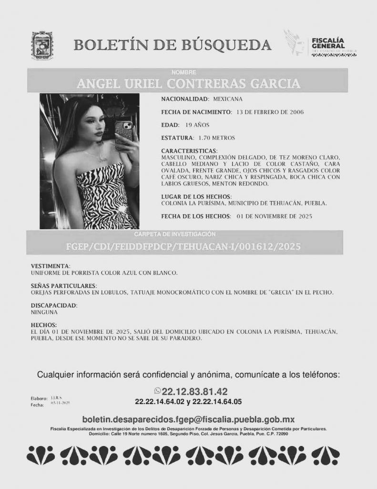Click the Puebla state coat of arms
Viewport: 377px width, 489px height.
[42, 45]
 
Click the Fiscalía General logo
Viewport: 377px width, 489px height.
[320, 46]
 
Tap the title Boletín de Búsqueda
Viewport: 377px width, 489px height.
[173, 45]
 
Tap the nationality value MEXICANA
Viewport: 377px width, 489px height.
[228, 99]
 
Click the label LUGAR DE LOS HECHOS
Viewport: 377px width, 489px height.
[196, 197]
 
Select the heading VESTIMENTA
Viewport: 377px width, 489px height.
[50, 266]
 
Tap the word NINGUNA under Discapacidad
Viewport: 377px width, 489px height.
[44, 312]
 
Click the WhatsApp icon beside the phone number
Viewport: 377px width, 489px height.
[158, 391]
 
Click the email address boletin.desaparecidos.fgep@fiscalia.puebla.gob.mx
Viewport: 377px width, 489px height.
[188, 419]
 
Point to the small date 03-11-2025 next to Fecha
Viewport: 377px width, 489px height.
[60, 404]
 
